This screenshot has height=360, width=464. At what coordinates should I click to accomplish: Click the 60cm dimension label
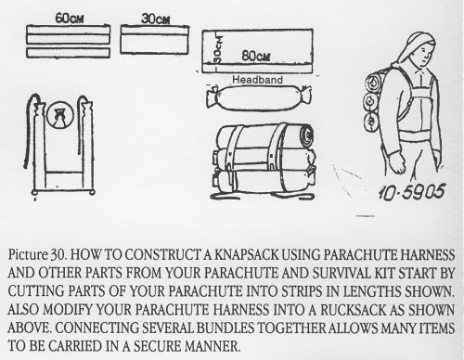pyautogui.click(x=70, y=19)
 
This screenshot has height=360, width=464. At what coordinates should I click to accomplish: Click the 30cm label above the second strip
pyautogui.click(x=155, y=19)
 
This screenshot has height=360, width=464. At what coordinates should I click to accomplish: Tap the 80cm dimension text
pyautogui.click(x=256, y=56)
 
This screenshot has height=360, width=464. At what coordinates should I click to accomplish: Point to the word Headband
pyautogui.click(x=257, y=80)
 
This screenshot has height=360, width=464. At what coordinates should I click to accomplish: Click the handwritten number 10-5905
pyautogui.click(x=412, y=192)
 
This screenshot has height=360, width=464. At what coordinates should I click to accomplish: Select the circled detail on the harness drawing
pyautogui.click(x=60, y=115)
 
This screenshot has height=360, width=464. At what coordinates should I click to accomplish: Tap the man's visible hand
pyautogui.click(x=397, y=162)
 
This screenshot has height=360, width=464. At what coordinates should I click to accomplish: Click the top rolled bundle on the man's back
pyautogui.click(x=373, y=82)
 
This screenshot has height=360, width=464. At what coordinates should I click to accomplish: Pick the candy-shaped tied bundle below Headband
pyautogui.click(x=259, y=98)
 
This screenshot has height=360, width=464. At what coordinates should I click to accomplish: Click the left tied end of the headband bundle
pyautogui.click(x=213, y=97)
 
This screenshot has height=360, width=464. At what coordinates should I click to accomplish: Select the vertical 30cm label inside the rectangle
pyautogui.click(x=219, y=49)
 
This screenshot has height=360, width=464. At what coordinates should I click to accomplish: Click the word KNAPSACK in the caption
pyautogui.click(x=247, y=255)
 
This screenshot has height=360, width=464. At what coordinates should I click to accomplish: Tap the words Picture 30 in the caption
pyautogui.click(x=37, y=255)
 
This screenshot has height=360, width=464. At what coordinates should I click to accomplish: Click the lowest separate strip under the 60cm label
pyautogui.click(x=68, y=53)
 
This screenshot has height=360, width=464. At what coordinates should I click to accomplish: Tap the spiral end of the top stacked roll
pyautogui.click(x=306, y=135)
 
